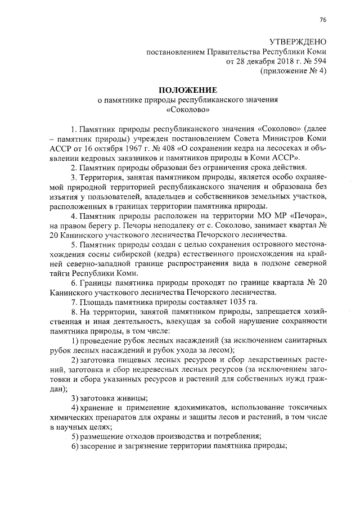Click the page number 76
[322, 20]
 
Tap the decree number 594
[318, 62]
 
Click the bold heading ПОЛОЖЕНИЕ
[188, 90]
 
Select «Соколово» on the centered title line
[188, 110]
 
